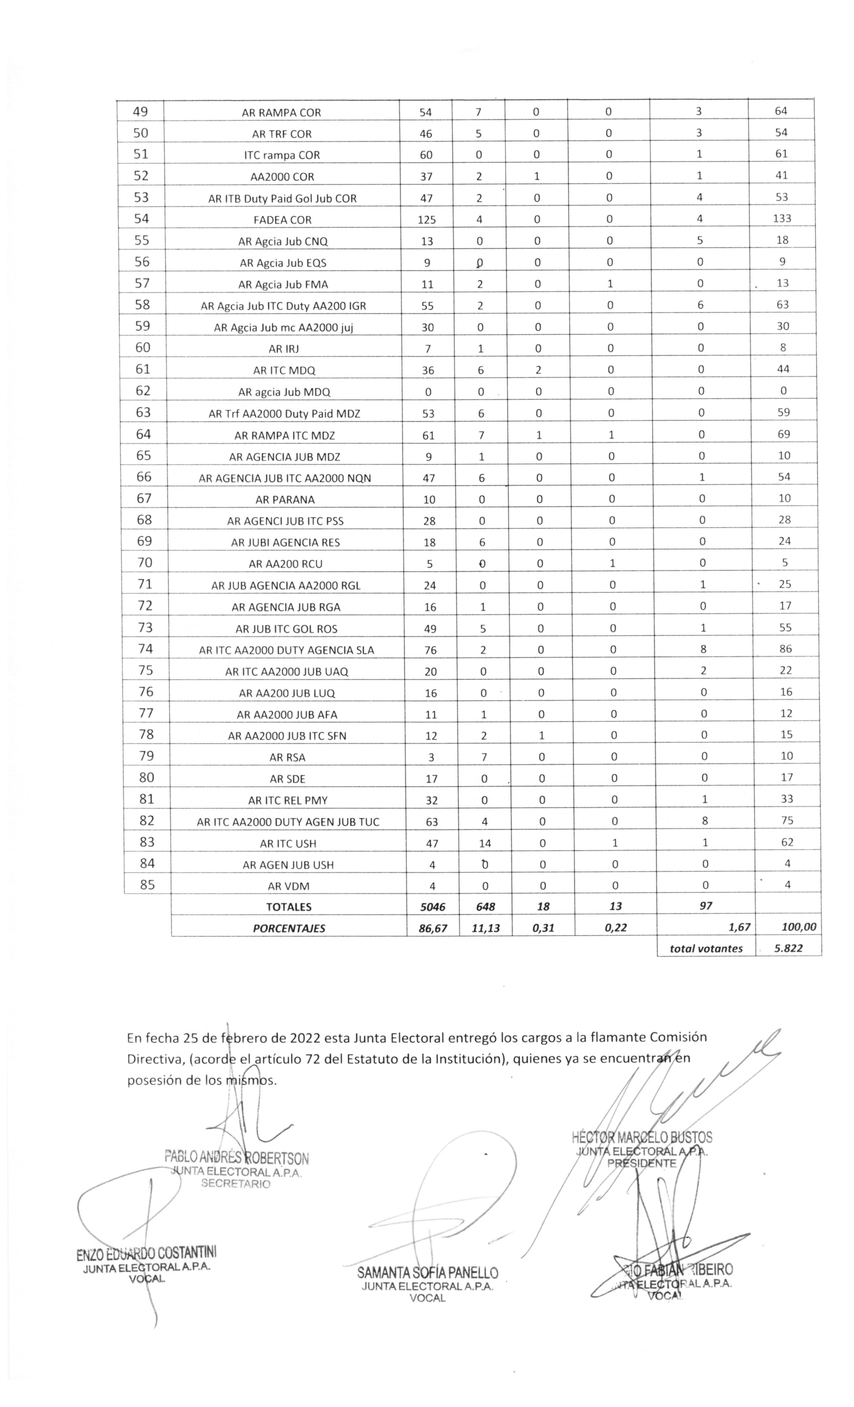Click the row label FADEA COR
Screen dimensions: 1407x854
tap(283, 220)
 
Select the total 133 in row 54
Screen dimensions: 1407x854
tap(782, 218)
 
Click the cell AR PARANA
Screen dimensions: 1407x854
tap(285, 499)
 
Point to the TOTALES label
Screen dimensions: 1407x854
tap(288, 907)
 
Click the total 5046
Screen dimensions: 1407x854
tap(432, 907)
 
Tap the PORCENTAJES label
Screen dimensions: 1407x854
tap(288, 929)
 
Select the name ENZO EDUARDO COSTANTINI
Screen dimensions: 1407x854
tap(146, 1253)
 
